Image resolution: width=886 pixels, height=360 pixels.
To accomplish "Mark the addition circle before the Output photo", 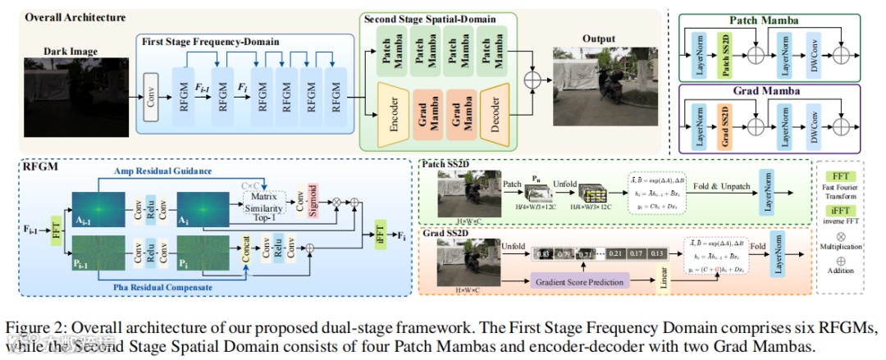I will [534, 80].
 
